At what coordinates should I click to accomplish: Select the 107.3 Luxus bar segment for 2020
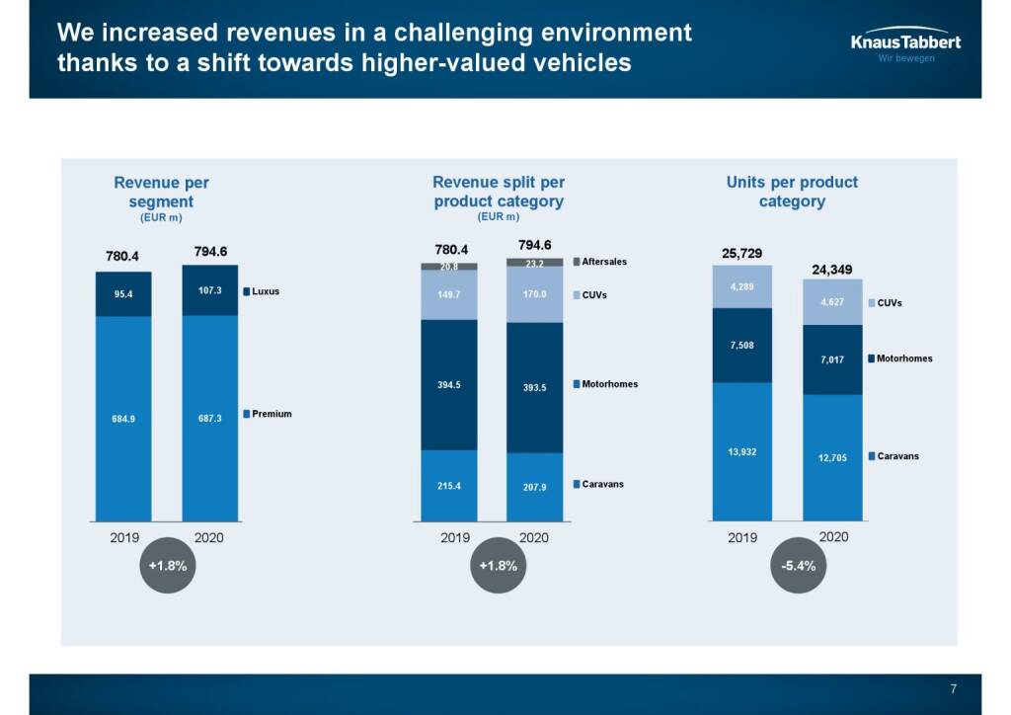coord(209,290)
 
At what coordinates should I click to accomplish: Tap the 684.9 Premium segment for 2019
coord(123,418)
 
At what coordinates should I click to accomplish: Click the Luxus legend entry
coord(262,291)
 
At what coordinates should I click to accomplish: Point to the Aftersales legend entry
coord(600,262)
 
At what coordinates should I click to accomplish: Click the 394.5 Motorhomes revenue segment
coord(448,384)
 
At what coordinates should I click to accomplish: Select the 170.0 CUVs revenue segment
coord(534,294)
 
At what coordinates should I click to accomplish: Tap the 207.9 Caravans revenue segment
coord(534,487)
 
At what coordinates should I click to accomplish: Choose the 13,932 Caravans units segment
coord(742,451)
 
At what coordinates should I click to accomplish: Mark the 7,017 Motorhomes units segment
coord(832,359)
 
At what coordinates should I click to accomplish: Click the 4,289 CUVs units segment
coord(742,286)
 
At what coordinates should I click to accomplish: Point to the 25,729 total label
coord(741,254)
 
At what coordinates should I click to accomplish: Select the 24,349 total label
coord(831,269)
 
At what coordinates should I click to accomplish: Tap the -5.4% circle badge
coord(799,566)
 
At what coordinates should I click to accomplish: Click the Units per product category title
coord(792,192)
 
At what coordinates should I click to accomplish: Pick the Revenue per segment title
coord(161,192)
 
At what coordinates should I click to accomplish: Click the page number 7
coord(953,689)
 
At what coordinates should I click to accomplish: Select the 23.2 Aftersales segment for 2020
coord(534,263)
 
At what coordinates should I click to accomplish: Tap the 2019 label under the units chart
coord(741,537)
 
